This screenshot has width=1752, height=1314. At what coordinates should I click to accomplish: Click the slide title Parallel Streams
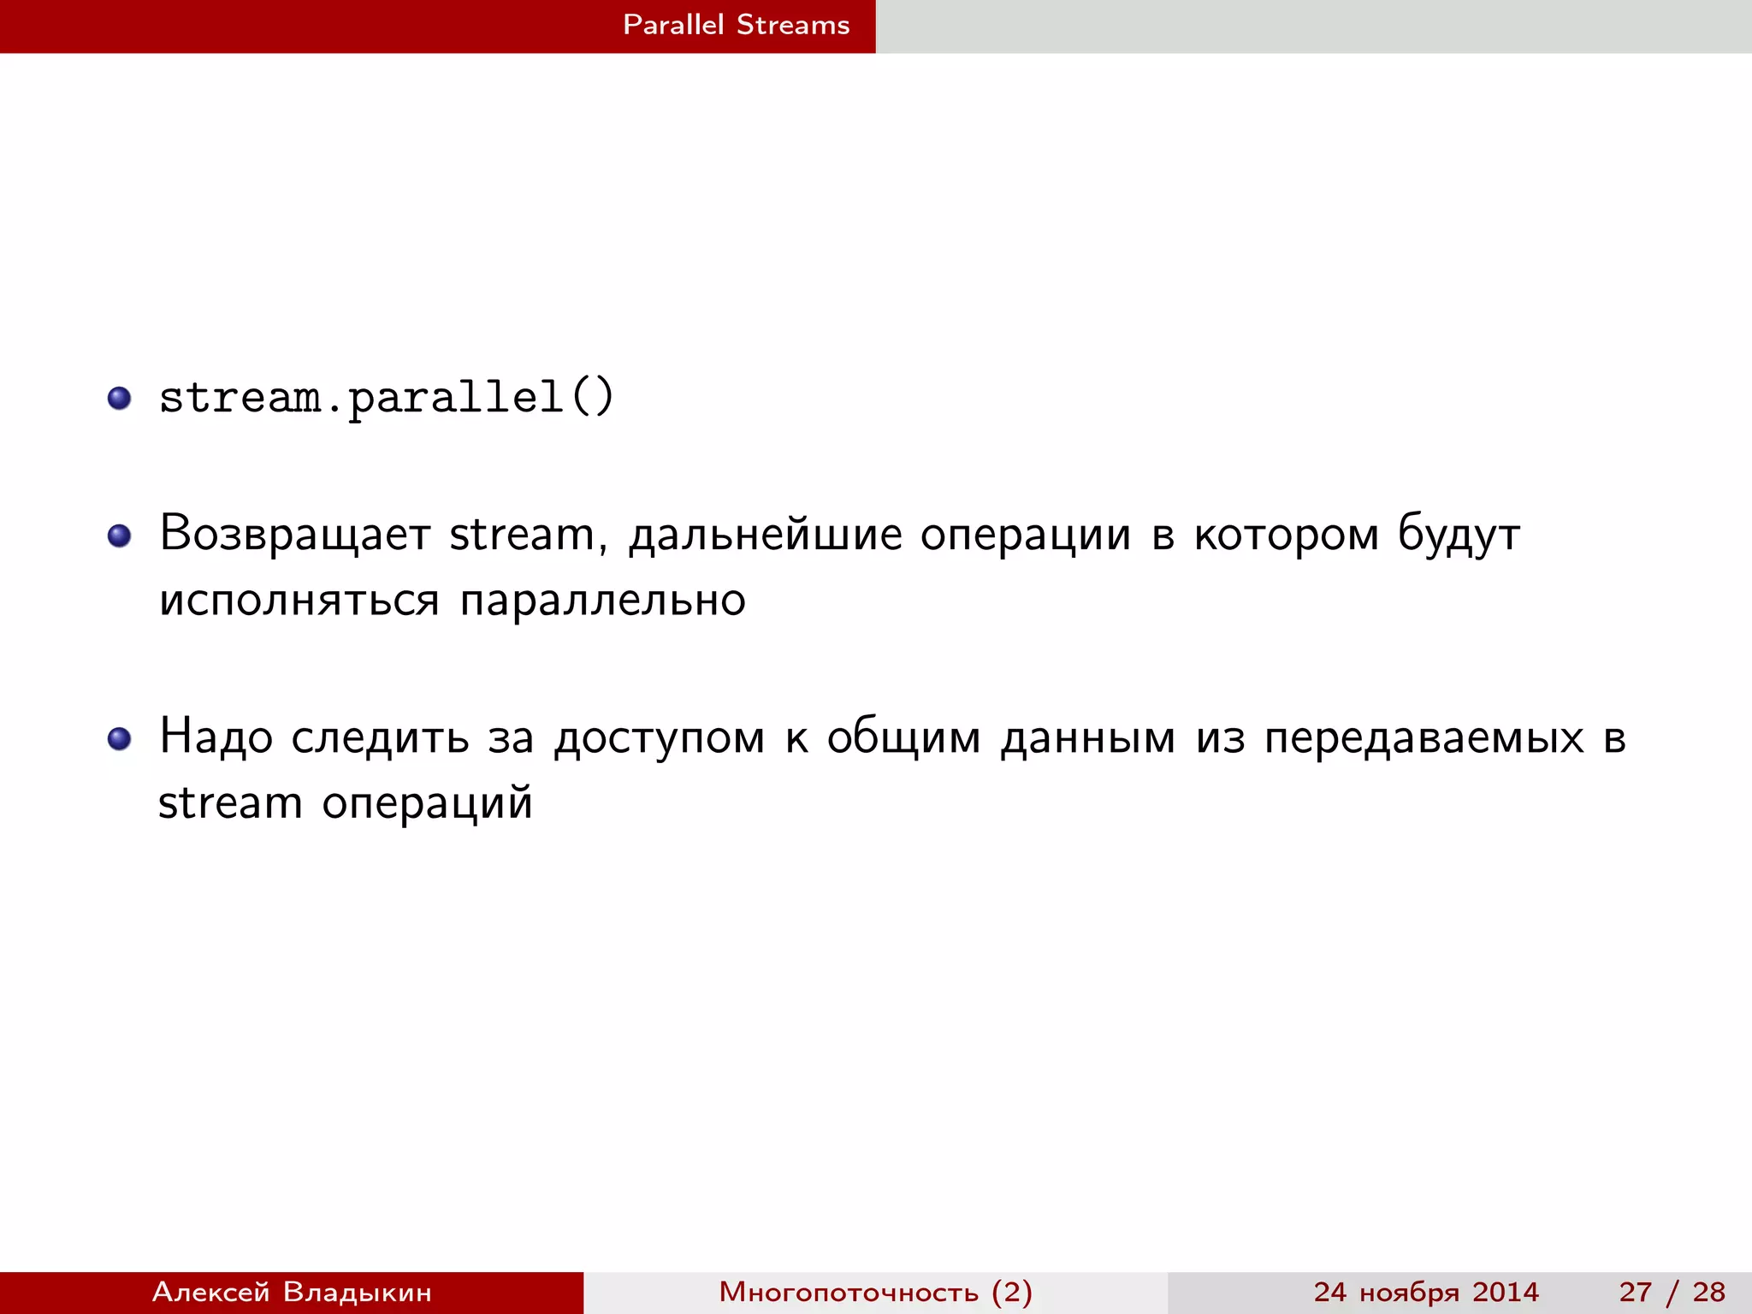736,25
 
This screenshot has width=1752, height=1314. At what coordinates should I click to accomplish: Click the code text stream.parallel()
387,398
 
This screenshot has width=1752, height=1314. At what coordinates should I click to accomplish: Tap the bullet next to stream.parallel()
119,398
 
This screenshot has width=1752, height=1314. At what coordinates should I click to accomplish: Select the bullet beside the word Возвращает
119,536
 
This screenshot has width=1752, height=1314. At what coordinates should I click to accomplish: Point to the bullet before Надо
119,738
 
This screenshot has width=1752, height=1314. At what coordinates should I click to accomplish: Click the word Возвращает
294,535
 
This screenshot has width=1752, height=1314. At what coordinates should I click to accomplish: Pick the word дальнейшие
766,536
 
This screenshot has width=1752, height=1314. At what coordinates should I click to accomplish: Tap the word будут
1459,536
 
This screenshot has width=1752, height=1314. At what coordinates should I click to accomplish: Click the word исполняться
299,601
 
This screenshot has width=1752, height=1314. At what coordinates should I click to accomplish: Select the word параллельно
603,601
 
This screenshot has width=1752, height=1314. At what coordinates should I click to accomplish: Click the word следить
380,738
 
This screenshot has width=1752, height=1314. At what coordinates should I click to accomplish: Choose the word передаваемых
1423,738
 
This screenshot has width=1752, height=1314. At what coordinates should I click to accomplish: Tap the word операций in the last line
427,804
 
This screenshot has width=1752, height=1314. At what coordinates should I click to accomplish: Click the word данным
1088,738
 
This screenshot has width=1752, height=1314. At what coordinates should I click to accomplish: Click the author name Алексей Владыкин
292,1292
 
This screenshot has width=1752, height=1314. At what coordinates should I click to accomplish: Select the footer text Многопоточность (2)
875,1292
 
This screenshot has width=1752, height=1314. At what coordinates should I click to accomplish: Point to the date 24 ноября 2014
1426,1292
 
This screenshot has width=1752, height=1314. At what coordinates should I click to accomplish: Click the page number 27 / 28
1672,1292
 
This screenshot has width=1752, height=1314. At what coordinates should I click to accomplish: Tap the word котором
1287,536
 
